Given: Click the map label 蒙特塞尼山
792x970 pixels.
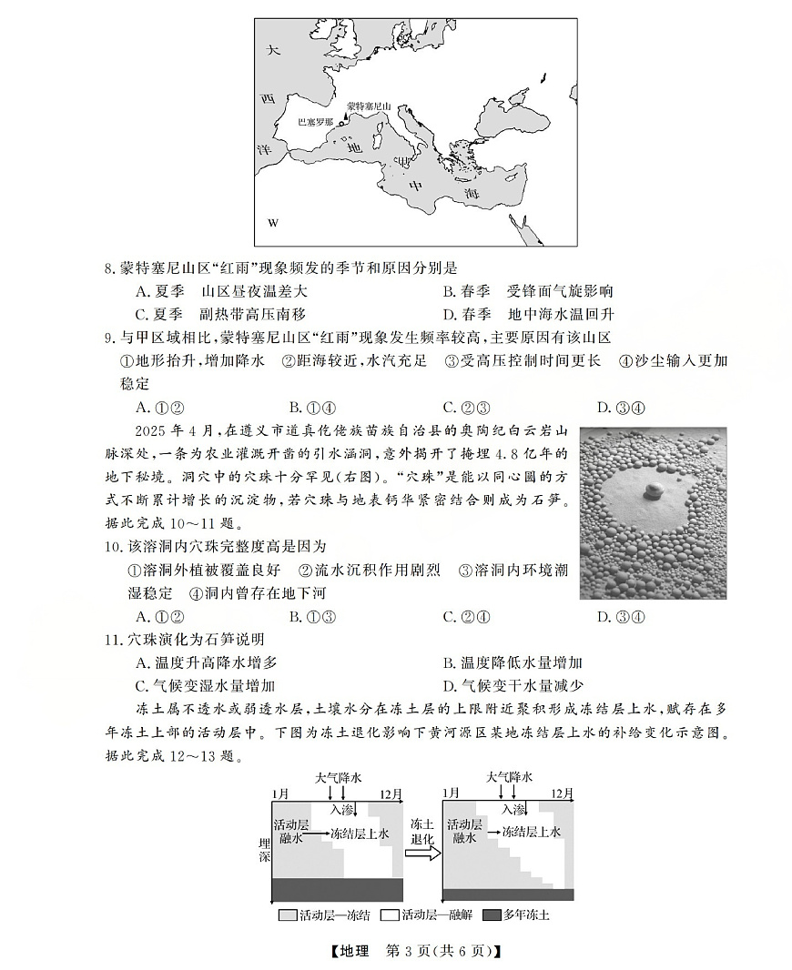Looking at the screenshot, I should (369, 106).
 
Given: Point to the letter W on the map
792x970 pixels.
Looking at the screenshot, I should (272, 223).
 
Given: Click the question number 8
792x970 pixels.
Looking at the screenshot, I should (110, 268).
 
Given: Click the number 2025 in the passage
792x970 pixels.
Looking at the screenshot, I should (152, 429).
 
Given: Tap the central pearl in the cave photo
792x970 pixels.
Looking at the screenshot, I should (652, 491).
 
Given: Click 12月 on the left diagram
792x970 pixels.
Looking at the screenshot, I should (391, 794).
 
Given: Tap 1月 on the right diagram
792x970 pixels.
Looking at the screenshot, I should (452, 794).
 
